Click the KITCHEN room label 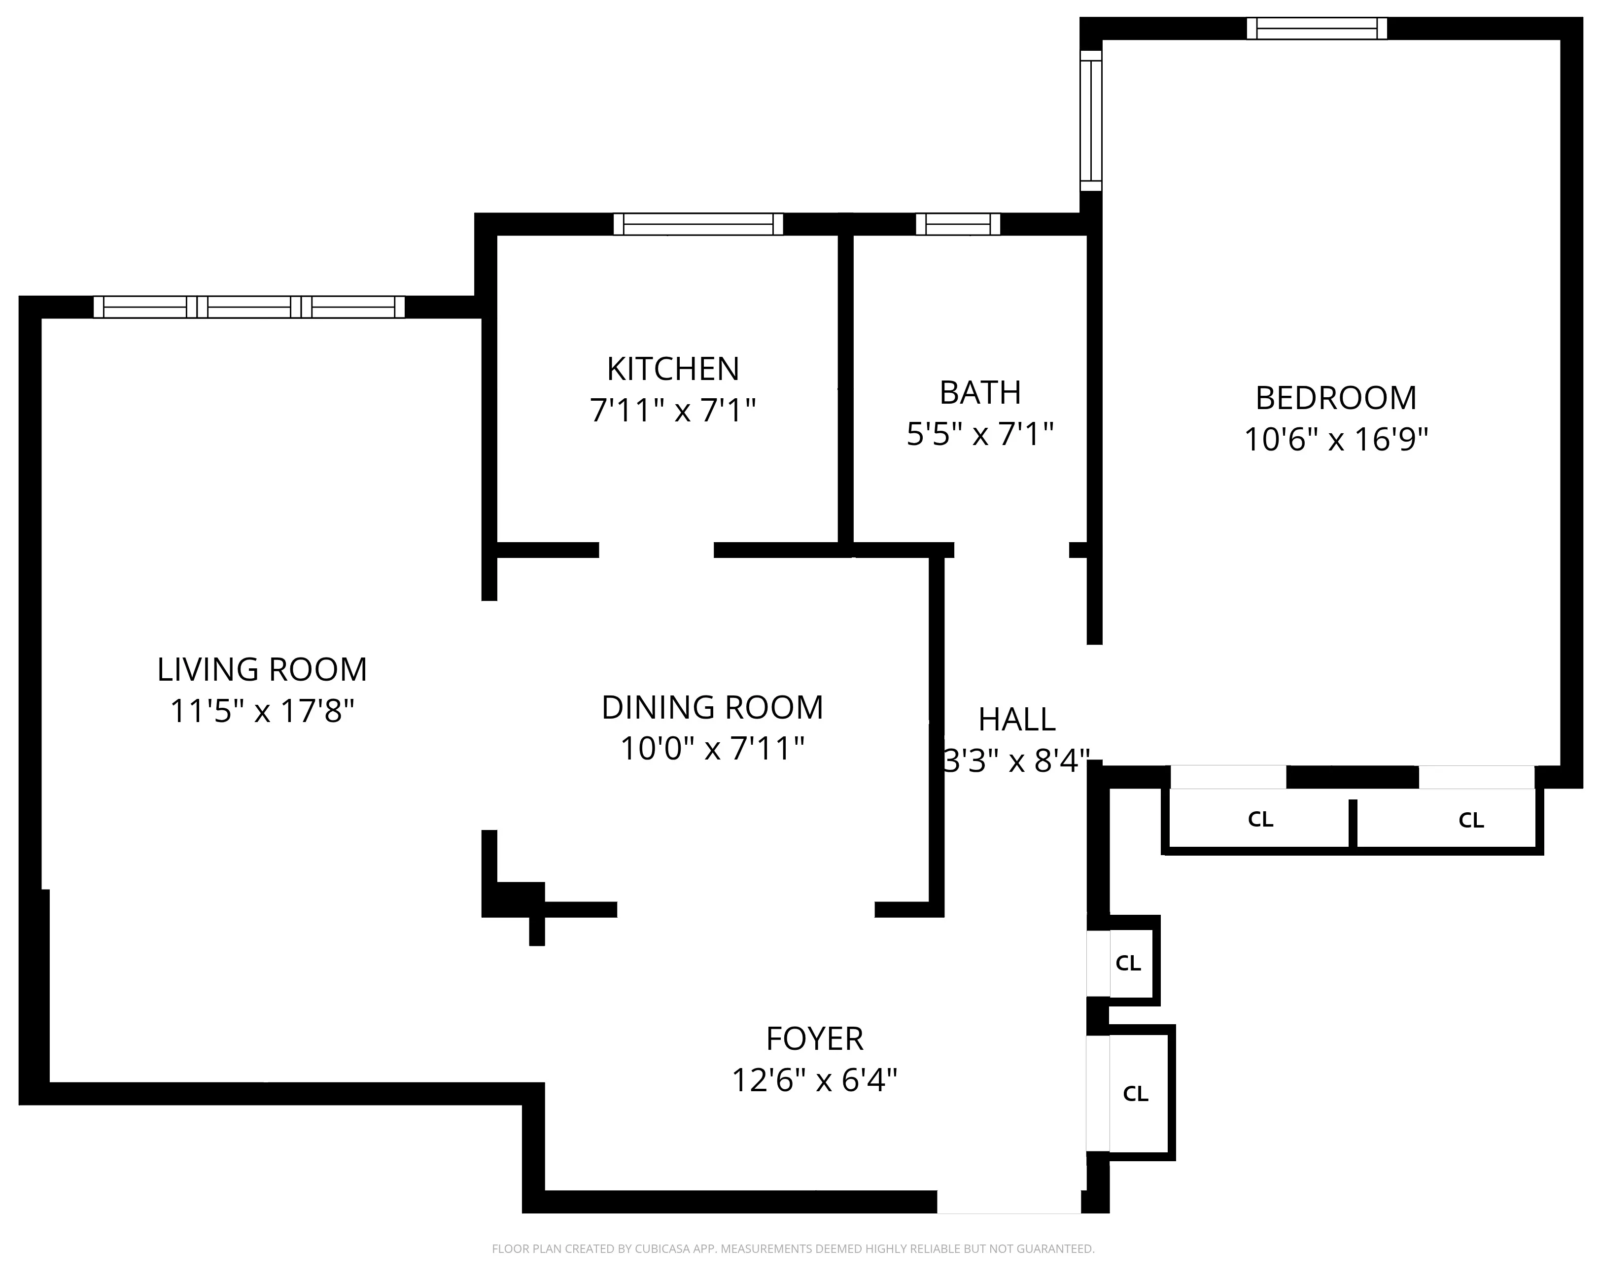[673, 369]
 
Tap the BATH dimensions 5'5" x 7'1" [980, 434]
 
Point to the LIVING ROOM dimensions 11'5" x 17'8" [262, 711]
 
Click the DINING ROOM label [712, 707]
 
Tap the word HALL [1016, 719]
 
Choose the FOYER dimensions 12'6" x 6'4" [814, 1080]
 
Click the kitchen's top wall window [698, 224]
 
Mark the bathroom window [957, 224]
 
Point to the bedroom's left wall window [1090, 120]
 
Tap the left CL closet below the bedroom [1259, 820]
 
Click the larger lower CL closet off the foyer [1135, 1094]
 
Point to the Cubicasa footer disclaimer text [793, 1249]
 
